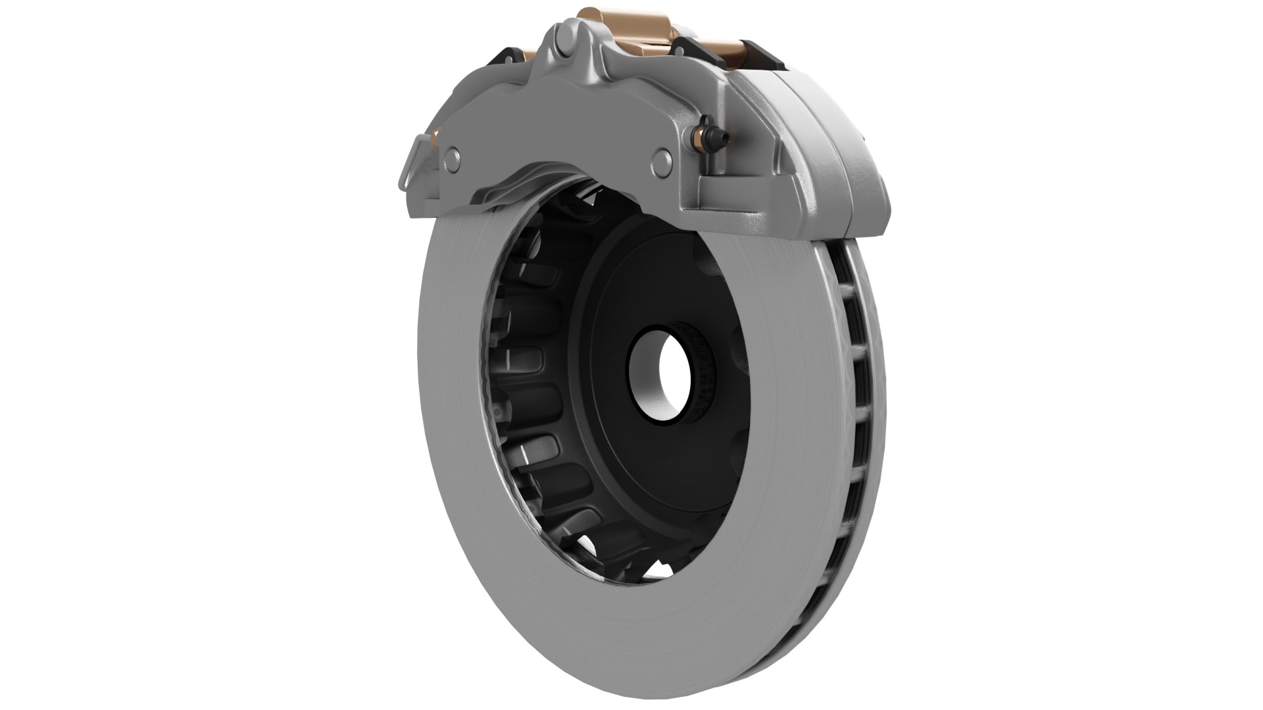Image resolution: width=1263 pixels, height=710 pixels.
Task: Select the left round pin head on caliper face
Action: coord(453,155)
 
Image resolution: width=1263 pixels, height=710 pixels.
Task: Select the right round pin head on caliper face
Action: coord(661,158)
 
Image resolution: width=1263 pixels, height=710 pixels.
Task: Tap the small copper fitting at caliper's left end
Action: coord(435,136)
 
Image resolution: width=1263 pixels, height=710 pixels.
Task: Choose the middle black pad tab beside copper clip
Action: coord(688,46)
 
